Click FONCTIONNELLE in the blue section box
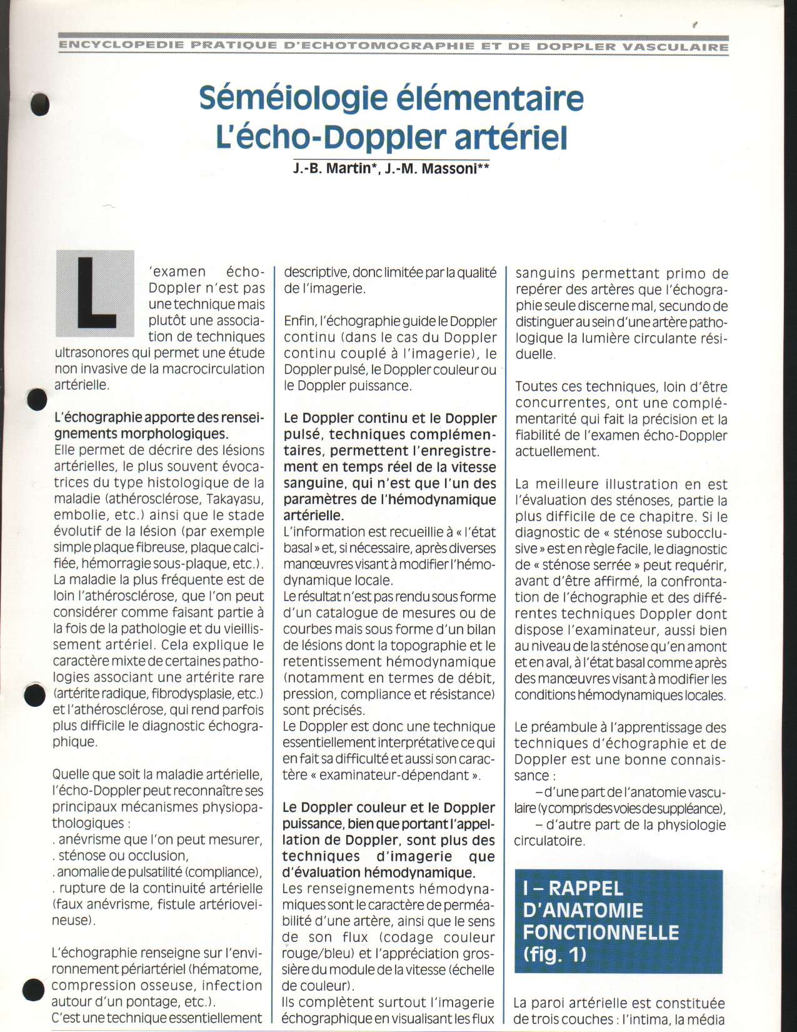point(601,933)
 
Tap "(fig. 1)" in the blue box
point(554,954)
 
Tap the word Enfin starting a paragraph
point(299,321)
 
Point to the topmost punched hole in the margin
point(41,104)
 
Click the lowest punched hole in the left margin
point(34,989)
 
